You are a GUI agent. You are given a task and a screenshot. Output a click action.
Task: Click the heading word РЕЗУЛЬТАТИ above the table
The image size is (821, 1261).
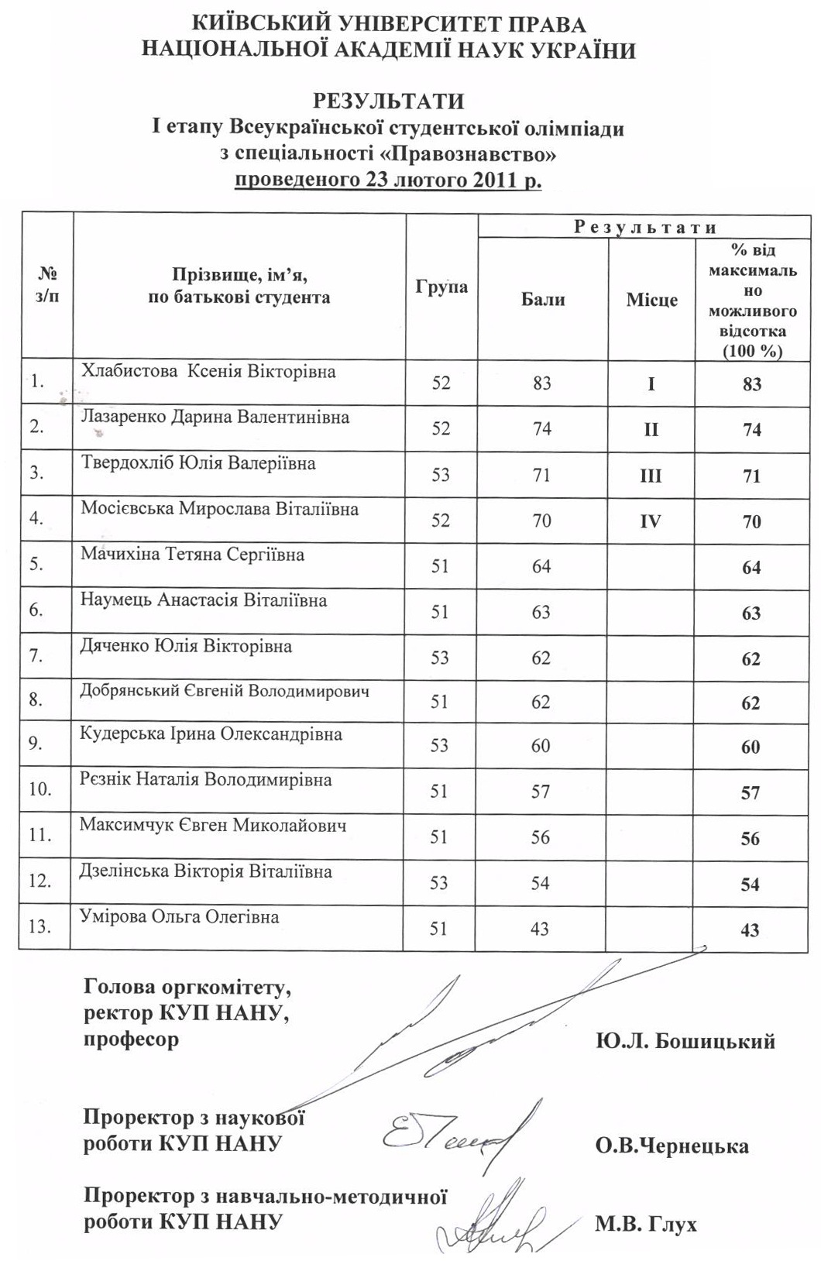click(388, 101)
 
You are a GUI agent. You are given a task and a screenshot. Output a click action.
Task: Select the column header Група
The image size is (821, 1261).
click(441, 287)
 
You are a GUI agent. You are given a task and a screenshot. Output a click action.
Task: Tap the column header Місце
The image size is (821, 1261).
click(651, 300)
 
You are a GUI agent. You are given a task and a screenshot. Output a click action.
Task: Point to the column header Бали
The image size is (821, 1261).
click(543, 300)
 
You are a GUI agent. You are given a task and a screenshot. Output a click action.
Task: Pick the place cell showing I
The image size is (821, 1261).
click(651, 383)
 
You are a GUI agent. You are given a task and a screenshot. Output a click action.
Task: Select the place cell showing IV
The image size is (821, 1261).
click(651, 521)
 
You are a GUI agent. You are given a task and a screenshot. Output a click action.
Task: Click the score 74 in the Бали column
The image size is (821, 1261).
click(542, 428)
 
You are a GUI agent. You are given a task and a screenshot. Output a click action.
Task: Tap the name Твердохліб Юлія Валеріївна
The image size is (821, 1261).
click(198, 463)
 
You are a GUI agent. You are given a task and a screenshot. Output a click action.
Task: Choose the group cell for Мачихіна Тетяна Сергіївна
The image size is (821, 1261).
click(440, 566)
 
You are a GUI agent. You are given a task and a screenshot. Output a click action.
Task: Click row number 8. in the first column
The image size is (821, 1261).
click(36, 699)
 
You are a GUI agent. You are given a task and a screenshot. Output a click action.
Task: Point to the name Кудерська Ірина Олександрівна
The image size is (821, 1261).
click(211, 734)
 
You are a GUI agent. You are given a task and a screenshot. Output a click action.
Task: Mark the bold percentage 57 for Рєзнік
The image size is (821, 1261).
click(751, 792)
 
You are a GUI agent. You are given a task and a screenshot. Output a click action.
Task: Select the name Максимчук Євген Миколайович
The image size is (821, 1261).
click(212, 825)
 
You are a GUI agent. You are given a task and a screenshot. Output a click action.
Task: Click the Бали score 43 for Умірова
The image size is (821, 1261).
click(540, 928)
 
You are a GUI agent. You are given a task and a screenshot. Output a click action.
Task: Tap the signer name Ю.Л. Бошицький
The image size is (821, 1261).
click(685, 1041)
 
